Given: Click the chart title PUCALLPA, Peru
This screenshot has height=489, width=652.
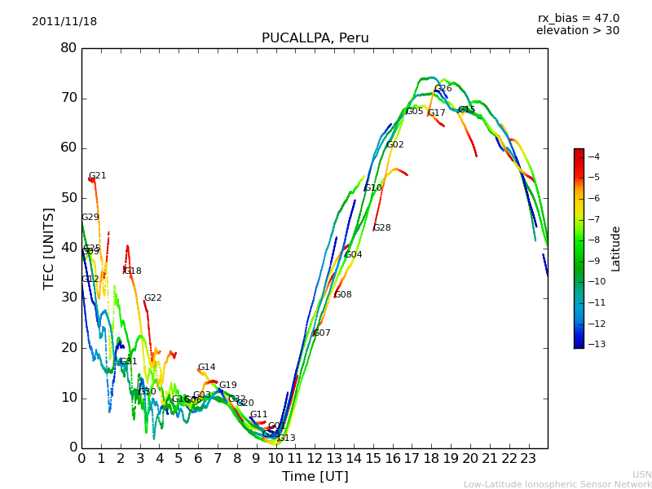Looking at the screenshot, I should click(x=315, y=38).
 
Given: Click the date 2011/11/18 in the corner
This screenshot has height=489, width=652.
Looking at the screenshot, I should click(x=64, y=21).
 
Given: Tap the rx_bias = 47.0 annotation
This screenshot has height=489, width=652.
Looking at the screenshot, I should click(x=578, y=18).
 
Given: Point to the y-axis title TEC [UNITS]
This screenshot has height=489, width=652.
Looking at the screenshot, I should click(x=49, y=248).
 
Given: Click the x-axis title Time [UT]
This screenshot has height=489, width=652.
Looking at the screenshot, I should click(x=315, y=476).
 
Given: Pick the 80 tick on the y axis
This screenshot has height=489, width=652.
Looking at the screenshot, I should click(x=68, y=48).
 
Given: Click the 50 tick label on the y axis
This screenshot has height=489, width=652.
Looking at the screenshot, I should click(x=68, y=198).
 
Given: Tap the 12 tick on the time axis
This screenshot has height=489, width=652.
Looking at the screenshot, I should click(x=315, y=458).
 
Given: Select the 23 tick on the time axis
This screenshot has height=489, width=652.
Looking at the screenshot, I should click(x=528, y=458).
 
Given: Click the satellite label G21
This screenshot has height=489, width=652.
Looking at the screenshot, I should click(x=98, y=176).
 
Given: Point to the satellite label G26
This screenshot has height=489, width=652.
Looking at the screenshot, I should click(x=443, y=89).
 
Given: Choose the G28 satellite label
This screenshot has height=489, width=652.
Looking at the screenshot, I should click(x=382, y=228).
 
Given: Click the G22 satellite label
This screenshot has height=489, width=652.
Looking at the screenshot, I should click(x=153, y=298).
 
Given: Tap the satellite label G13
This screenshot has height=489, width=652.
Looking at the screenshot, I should click(x=287, y=438).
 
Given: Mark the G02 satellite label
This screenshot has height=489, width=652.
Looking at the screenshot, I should click(x=395, y=145).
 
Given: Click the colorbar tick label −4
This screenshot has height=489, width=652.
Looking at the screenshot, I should click(x=593, y=156).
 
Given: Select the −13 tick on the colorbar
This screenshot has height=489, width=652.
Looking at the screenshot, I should click(x=596, y=344).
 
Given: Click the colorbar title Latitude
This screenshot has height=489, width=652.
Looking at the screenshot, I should click(x=616, y=249).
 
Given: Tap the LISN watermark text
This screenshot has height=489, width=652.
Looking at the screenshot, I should click(x=641, y=474).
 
